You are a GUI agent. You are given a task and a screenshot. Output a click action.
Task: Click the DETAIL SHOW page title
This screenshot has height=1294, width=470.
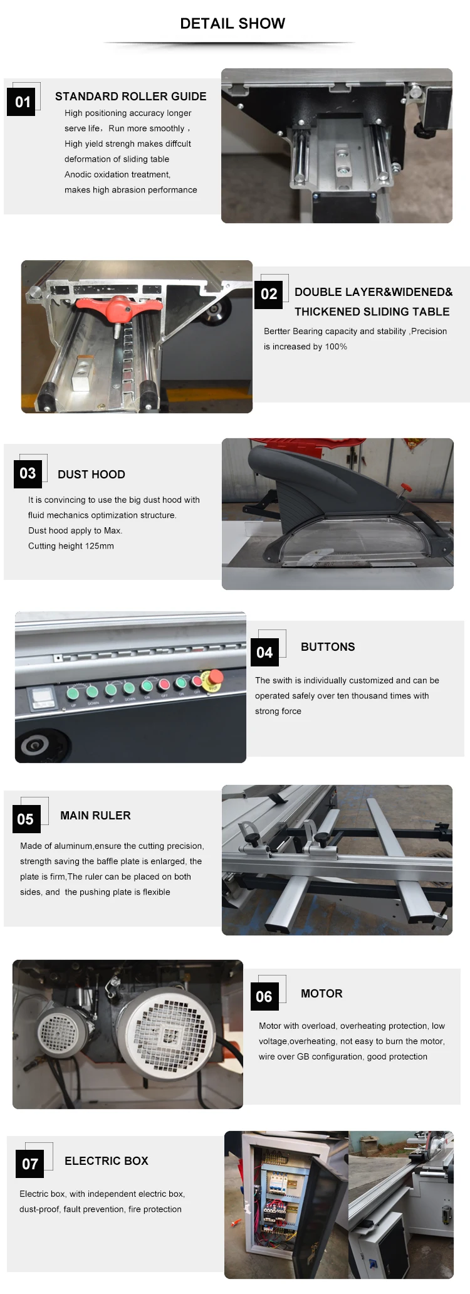click(232, 24)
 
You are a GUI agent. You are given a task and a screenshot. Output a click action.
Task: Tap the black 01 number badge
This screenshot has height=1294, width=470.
click(23, 102)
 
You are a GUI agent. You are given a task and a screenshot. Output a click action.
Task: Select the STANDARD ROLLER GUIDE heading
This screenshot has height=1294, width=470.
click(130, 97)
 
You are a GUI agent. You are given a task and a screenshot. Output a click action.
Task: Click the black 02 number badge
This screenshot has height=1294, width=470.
click(269, 294)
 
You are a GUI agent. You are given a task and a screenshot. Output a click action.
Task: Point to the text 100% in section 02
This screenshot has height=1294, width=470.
click(336, 347)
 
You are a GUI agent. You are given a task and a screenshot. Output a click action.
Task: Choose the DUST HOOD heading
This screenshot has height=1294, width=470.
click(91, 475)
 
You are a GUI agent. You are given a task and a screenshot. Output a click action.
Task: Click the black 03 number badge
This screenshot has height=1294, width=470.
click(28, 473)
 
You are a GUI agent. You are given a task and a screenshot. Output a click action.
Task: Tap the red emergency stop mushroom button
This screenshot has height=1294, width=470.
click(214, 678)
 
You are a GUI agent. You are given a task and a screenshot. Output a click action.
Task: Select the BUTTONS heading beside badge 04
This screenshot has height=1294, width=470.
click(328, 647)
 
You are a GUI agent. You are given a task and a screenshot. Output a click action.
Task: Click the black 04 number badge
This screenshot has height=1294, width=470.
click(264, 653)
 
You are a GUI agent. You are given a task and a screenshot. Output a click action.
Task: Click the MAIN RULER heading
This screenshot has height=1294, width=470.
click(95, 816)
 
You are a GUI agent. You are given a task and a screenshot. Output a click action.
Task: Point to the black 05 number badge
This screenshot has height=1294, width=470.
click(25, 819)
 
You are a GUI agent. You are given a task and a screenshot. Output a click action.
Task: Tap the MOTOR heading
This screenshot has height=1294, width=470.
click(321, 994)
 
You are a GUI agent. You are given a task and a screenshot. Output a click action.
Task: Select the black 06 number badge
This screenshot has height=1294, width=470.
click(264, 997)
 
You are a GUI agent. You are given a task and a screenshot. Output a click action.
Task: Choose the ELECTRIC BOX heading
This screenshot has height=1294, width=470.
click(107, 1161)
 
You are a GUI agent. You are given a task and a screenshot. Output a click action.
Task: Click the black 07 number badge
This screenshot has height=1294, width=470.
click(30, 1164)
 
